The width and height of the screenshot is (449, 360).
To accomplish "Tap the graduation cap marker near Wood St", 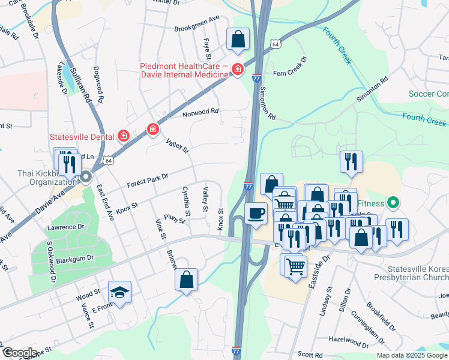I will (x=120, y=292).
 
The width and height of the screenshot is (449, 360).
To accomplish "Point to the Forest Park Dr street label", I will (x=146, y=179).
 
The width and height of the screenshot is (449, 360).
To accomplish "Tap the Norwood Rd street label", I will (x=200, y=112).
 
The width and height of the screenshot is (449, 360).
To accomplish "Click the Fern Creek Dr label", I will (x=290, y=67).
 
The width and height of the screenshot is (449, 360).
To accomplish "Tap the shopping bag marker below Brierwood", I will (x=187, y=280).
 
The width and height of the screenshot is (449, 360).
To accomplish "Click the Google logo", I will (x=20, y=353).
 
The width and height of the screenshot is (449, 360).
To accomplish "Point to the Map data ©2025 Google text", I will (x=412, y=355).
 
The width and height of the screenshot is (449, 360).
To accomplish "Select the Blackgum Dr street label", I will (x=74, y=258).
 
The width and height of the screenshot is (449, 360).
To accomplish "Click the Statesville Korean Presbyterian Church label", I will (x=417, y=273).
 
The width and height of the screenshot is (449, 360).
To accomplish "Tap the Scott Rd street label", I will (x=310, y=355).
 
